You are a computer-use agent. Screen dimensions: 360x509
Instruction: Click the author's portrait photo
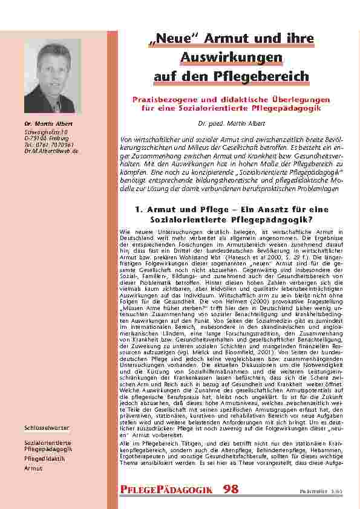tap(52, 76)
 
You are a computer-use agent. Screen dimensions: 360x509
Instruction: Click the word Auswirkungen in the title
tap(232, 58)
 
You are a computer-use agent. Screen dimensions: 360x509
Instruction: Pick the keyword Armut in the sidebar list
tap(33, 468)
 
